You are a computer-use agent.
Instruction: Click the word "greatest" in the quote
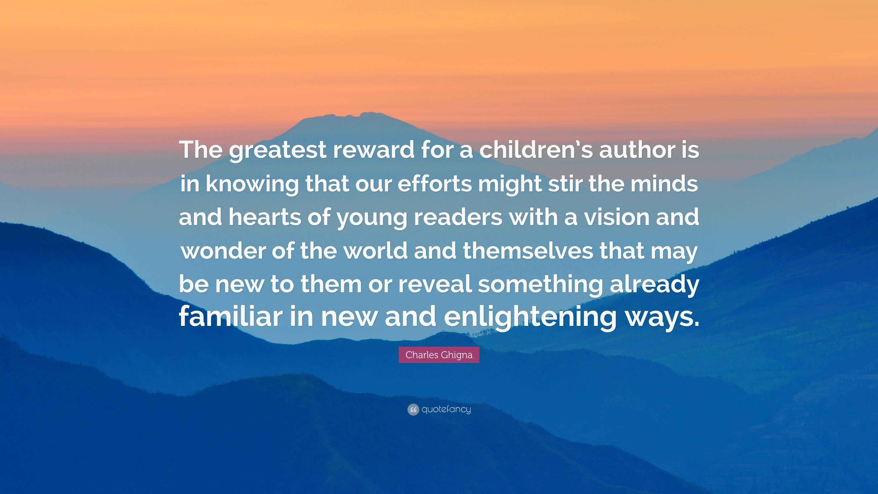coord(277,150)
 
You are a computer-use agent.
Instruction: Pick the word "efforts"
coord(435,183)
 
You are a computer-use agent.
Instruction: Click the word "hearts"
coord(265,217)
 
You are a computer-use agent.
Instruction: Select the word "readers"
coord(458,217)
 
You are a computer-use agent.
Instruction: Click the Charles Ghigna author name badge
coord(439,355)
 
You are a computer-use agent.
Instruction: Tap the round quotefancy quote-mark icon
coord(413,409)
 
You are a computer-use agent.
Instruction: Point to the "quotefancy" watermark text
coord(446,409)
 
